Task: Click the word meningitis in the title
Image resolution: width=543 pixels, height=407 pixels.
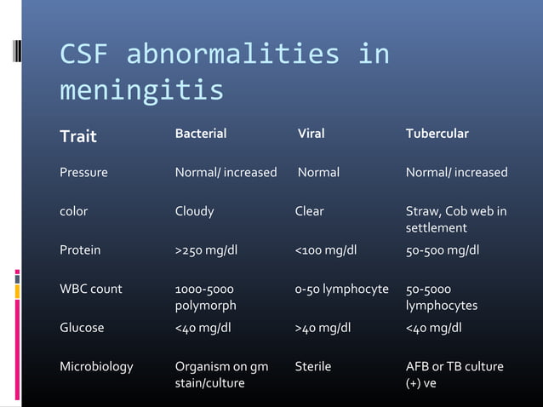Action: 141,89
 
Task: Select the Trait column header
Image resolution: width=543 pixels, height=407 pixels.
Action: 77,136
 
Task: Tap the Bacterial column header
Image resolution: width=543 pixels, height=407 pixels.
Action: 201,134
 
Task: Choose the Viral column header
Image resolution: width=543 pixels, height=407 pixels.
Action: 311,134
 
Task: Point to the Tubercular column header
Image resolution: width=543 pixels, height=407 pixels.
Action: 437,134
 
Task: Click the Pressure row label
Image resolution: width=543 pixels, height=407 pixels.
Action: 83,173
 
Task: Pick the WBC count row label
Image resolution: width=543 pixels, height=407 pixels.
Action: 90,289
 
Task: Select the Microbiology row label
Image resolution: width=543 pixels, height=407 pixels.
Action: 96,366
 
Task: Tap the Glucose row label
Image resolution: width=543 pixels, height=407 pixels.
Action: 82,328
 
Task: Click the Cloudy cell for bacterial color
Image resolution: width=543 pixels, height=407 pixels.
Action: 194,211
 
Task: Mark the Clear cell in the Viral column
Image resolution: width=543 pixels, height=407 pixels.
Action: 309,211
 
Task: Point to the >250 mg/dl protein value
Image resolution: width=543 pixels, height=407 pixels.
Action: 209,250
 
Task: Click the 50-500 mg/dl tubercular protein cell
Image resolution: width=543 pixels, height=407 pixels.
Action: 443,250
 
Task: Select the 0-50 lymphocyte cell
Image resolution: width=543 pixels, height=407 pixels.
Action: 341,289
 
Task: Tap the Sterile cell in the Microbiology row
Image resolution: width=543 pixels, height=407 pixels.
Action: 312,366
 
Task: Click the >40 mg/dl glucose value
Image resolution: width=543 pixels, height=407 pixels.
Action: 323,328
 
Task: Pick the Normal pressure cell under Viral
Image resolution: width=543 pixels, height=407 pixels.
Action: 318,173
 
